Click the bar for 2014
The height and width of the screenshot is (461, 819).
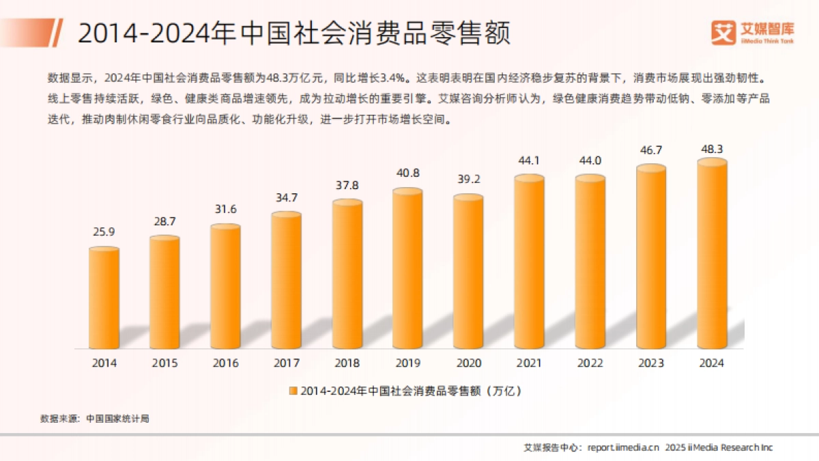pos(104,298)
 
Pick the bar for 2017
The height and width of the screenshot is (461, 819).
pos(287,280)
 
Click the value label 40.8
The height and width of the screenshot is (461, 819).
pos(408,173)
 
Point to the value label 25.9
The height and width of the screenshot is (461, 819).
pos(104,232)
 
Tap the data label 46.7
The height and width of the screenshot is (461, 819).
pos(651,148)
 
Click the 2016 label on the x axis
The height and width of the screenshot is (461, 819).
pos(226,363)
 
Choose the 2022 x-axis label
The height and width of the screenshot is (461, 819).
pos(590,363)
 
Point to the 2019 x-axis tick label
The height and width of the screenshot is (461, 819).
pos(408,363)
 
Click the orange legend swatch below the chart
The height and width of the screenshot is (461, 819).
pos(293,391)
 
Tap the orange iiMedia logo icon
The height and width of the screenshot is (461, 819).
pos(722,31)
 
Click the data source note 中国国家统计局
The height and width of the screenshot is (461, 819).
pos(118,419)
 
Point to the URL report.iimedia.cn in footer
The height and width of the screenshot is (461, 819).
pos(623,447)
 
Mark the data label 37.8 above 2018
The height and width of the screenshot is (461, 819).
pos(347,186)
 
